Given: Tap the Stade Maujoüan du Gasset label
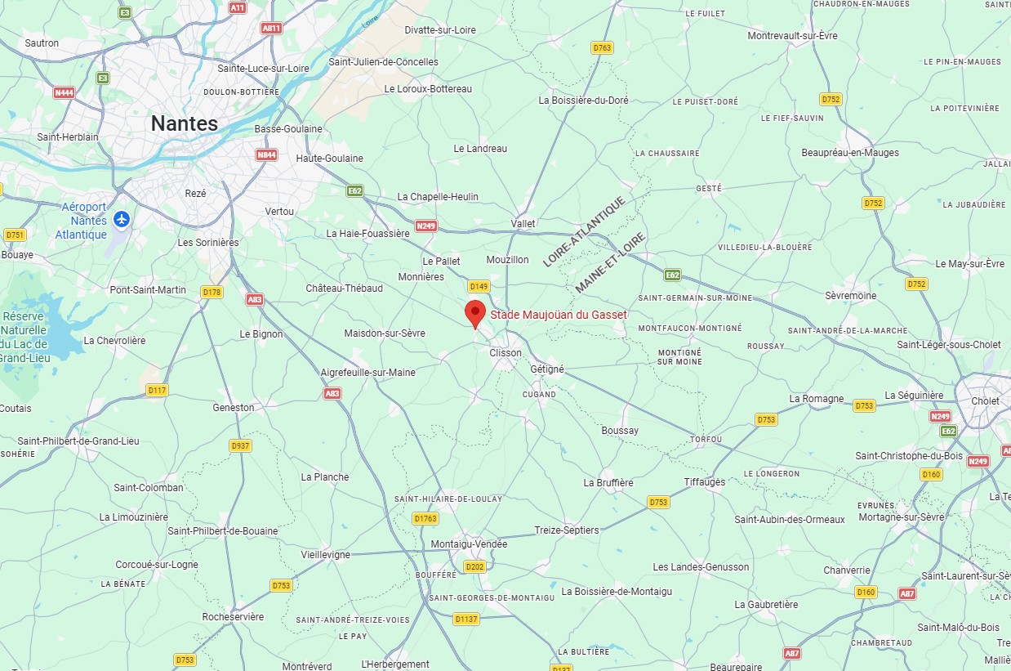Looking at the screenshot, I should (x=559, y=315).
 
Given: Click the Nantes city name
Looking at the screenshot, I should (x=185, y=123).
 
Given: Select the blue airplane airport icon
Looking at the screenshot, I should (x=122, y=219).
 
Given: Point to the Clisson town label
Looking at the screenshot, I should (x=505, y=353).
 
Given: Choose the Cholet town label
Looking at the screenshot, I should (x=985, y=401).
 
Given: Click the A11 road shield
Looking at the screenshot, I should (x=238, y=7).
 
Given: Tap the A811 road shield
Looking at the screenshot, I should (x=271, y=28).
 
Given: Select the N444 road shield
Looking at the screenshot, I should (x=64, y=92).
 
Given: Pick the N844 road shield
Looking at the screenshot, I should (x=266, y=154).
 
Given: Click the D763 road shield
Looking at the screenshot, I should (x=602, y=48).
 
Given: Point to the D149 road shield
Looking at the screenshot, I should (x=479, y=287).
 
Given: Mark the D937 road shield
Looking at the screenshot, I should (x=240, y=445).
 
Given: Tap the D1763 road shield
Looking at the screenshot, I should (x=425, y=518).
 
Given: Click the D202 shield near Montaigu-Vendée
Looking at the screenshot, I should (x=474, y=566).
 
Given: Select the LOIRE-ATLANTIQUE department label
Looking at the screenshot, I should (x=584, y=231).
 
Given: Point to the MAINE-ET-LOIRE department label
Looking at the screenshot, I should (x=610, y=263).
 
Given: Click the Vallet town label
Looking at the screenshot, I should (x=523, y=224).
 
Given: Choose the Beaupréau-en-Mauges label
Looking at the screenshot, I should (x=850, y=153).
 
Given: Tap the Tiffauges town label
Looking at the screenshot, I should (x=704, y=482).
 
